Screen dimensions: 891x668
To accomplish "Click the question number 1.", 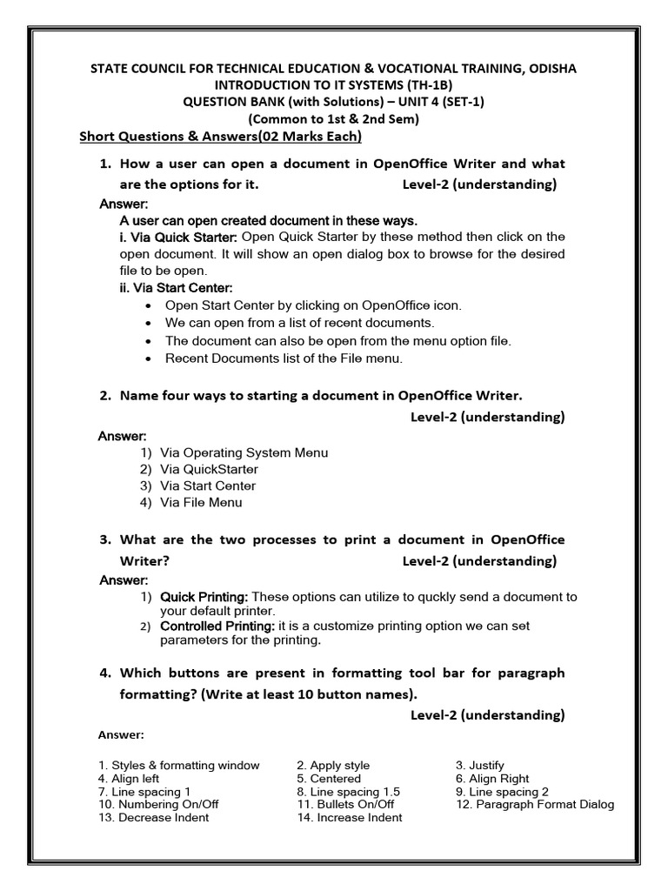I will [x=105, y=164].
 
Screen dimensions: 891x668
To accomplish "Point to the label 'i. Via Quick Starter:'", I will [x=178, y=237].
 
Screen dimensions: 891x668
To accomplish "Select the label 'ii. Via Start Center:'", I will [x=177, y=287].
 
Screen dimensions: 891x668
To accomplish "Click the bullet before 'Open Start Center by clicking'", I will [x=151, y=305].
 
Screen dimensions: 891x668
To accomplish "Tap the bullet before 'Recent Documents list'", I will [x=151, y=358].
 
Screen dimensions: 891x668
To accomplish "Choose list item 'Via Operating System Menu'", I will [x=244, y=452].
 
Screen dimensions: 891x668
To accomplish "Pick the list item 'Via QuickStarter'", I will [x=209, y=469].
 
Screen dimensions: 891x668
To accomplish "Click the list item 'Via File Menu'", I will [x=201, y=502].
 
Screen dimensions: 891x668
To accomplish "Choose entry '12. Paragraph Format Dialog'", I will [x=535, y=805].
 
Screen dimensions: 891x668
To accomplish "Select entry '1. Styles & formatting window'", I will [x=178, y=766].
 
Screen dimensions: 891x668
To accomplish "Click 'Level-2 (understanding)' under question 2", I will [x=487, y=417].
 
